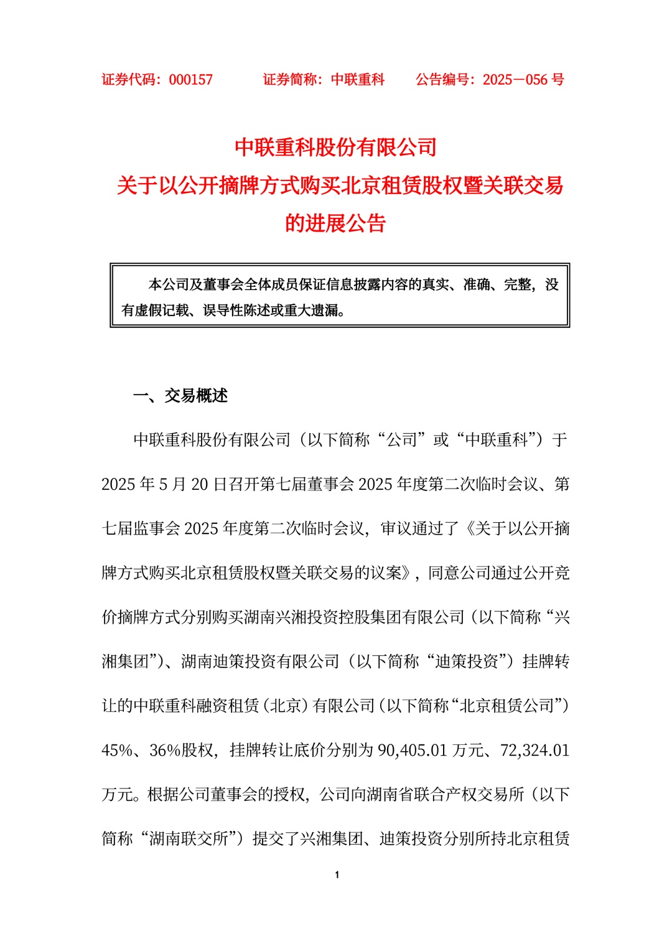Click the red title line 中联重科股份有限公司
pyautogui.click(x=336, y=148)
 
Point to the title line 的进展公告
pyautogui.click(x=336, y=223)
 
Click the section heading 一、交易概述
pyautogui.click(x=180, y=396)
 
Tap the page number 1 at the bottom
pyautogui.click(x=337, y=875)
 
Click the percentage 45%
pyautogui.click(x=117, y=750)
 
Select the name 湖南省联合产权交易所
pyautogui.click(x=422, y=795)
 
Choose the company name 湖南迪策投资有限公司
pyautogui.click(x=260, y=662)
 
